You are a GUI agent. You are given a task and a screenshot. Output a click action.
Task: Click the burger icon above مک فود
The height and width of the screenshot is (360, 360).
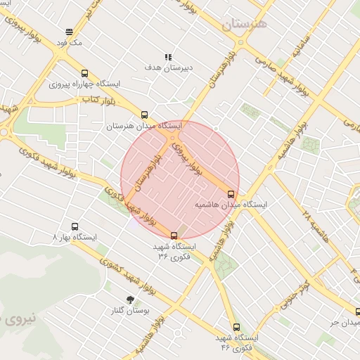pos(69,32)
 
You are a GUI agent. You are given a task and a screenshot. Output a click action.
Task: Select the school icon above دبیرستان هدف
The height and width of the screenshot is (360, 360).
pos(167,57)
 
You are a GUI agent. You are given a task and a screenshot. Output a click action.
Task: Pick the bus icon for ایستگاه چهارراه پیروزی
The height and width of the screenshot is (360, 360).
pos(84,72)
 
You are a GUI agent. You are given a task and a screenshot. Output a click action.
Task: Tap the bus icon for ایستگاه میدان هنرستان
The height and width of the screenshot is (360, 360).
pos(144,115)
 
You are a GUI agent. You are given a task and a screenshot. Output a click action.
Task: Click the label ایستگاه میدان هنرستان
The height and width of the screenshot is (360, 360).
pos(144,126)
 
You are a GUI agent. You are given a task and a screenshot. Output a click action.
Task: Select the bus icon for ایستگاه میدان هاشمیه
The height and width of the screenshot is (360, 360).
pos(231,193)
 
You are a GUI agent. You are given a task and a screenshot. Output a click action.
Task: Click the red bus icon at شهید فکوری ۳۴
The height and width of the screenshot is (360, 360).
pos(174,236)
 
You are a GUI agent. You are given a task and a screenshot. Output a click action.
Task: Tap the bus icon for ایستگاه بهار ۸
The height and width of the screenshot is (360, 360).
pos(75,226)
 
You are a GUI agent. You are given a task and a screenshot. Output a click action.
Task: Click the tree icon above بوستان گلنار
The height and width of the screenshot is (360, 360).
pos(130,299)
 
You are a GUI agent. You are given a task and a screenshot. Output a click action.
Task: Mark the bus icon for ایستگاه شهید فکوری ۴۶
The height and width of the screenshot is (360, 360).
pos(236,327)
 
